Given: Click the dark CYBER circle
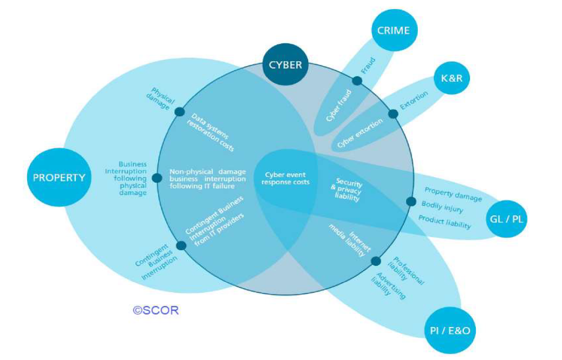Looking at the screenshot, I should (285, 65).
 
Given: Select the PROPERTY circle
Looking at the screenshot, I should (58, 177).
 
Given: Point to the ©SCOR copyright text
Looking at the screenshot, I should (155, 310).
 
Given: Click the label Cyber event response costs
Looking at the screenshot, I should (285, 179).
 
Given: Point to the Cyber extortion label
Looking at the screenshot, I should (360, 134).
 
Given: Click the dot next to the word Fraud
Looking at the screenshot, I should (357, 81).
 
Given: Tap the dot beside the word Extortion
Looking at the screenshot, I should (393, 114).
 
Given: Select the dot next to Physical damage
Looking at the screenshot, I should (179, 112).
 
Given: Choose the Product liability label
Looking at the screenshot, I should (445, 221).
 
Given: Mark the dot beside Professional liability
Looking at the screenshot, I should (376, 261).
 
